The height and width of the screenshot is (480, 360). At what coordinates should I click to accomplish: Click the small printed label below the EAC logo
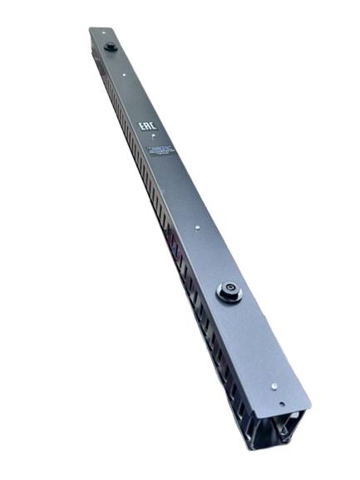tap(160, 151)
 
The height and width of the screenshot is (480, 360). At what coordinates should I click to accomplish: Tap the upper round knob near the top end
tap(110, 47)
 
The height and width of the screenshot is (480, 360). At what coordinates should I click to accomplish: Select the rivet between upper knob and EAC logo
tap(125, 75)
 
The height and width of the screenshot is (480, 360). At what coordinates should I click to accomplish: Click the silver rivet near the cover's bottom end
tap(274, 386)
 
